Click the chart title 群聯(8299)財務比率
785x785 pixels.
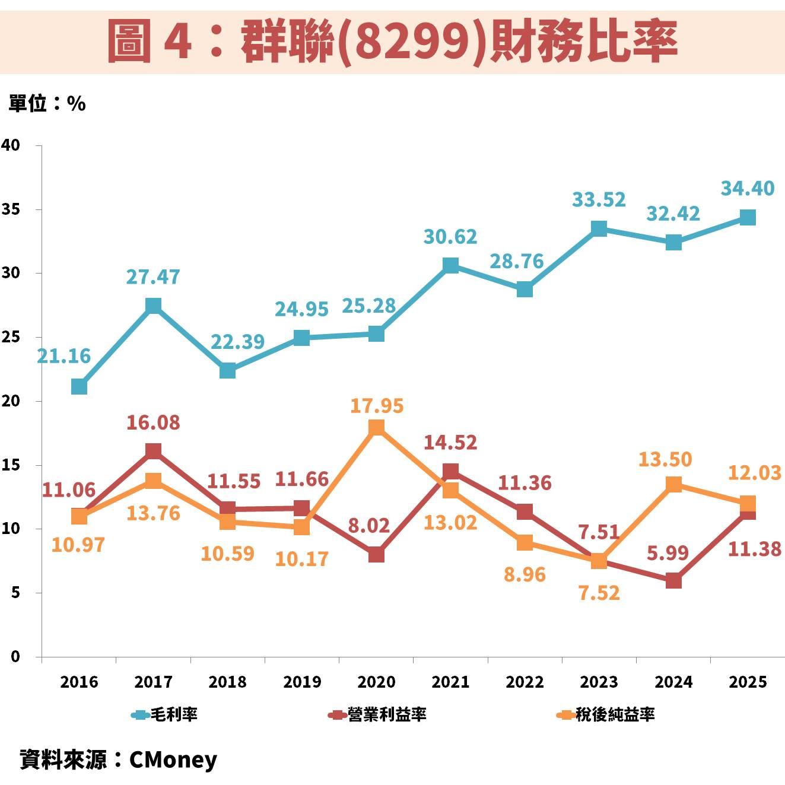[x=392, y=40]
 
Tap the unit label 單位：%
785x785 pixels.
[x=47, y=104]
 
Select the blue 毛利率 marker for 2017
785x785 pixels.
[x=153, y=306]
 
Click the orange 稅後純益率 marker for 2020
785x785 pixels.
[x=376, y=427]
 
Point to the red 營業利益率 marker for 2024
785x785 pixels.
[x=673, y=580]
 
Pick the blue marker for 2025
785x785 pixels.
[x=748, y=218]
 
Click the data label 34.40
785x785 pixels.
[x=747, y=189]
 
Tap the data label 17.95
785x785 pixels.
[x=376, y=406]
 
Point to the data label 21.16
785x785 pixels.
[x=64, y=356]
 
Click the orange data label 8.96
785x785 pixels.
[x=525, y=574]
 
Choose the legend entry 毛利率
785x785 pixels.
[x=164, y=714]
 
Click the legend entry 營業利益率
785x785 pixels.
[x=377, y=714]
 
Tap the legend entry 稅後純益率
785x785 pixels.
[x=606, y=714]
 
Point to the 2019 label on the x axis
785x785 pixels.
[x=302, y=682]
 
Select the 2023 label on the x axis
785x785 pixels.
[x=599, y=682]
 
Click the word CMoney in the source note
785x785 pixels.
[x=173, y=759]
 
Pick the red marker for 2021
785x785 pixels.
[x=450, y=472]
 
